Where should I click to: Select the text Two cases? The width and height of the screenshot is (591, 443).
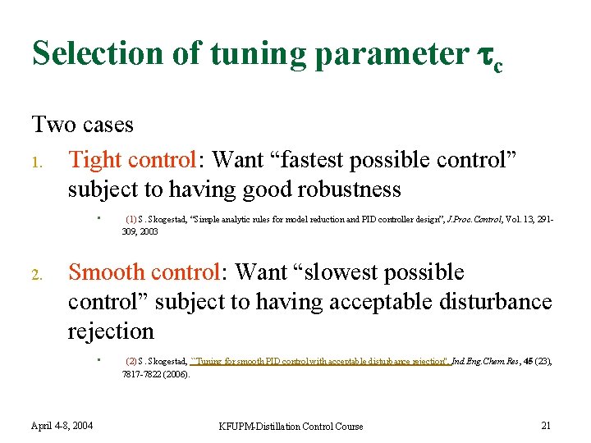coord(82,125)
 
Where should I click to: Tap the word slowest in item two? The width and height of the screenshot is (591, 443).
coord(341,272)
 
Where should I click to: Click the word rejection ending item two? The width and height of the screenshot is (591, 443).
coord(111,331)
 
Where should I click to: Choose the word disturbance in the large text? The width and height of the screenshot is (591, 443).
coord(496,302)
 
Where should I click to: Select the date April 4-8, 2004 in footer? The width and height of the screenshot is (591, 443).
coord(62,425)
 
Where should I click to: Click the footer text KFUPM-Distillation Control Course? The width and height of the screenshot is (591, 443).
coord(291,426)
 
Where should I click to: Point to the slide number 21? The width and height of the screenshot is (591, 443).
coord(546,425)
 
